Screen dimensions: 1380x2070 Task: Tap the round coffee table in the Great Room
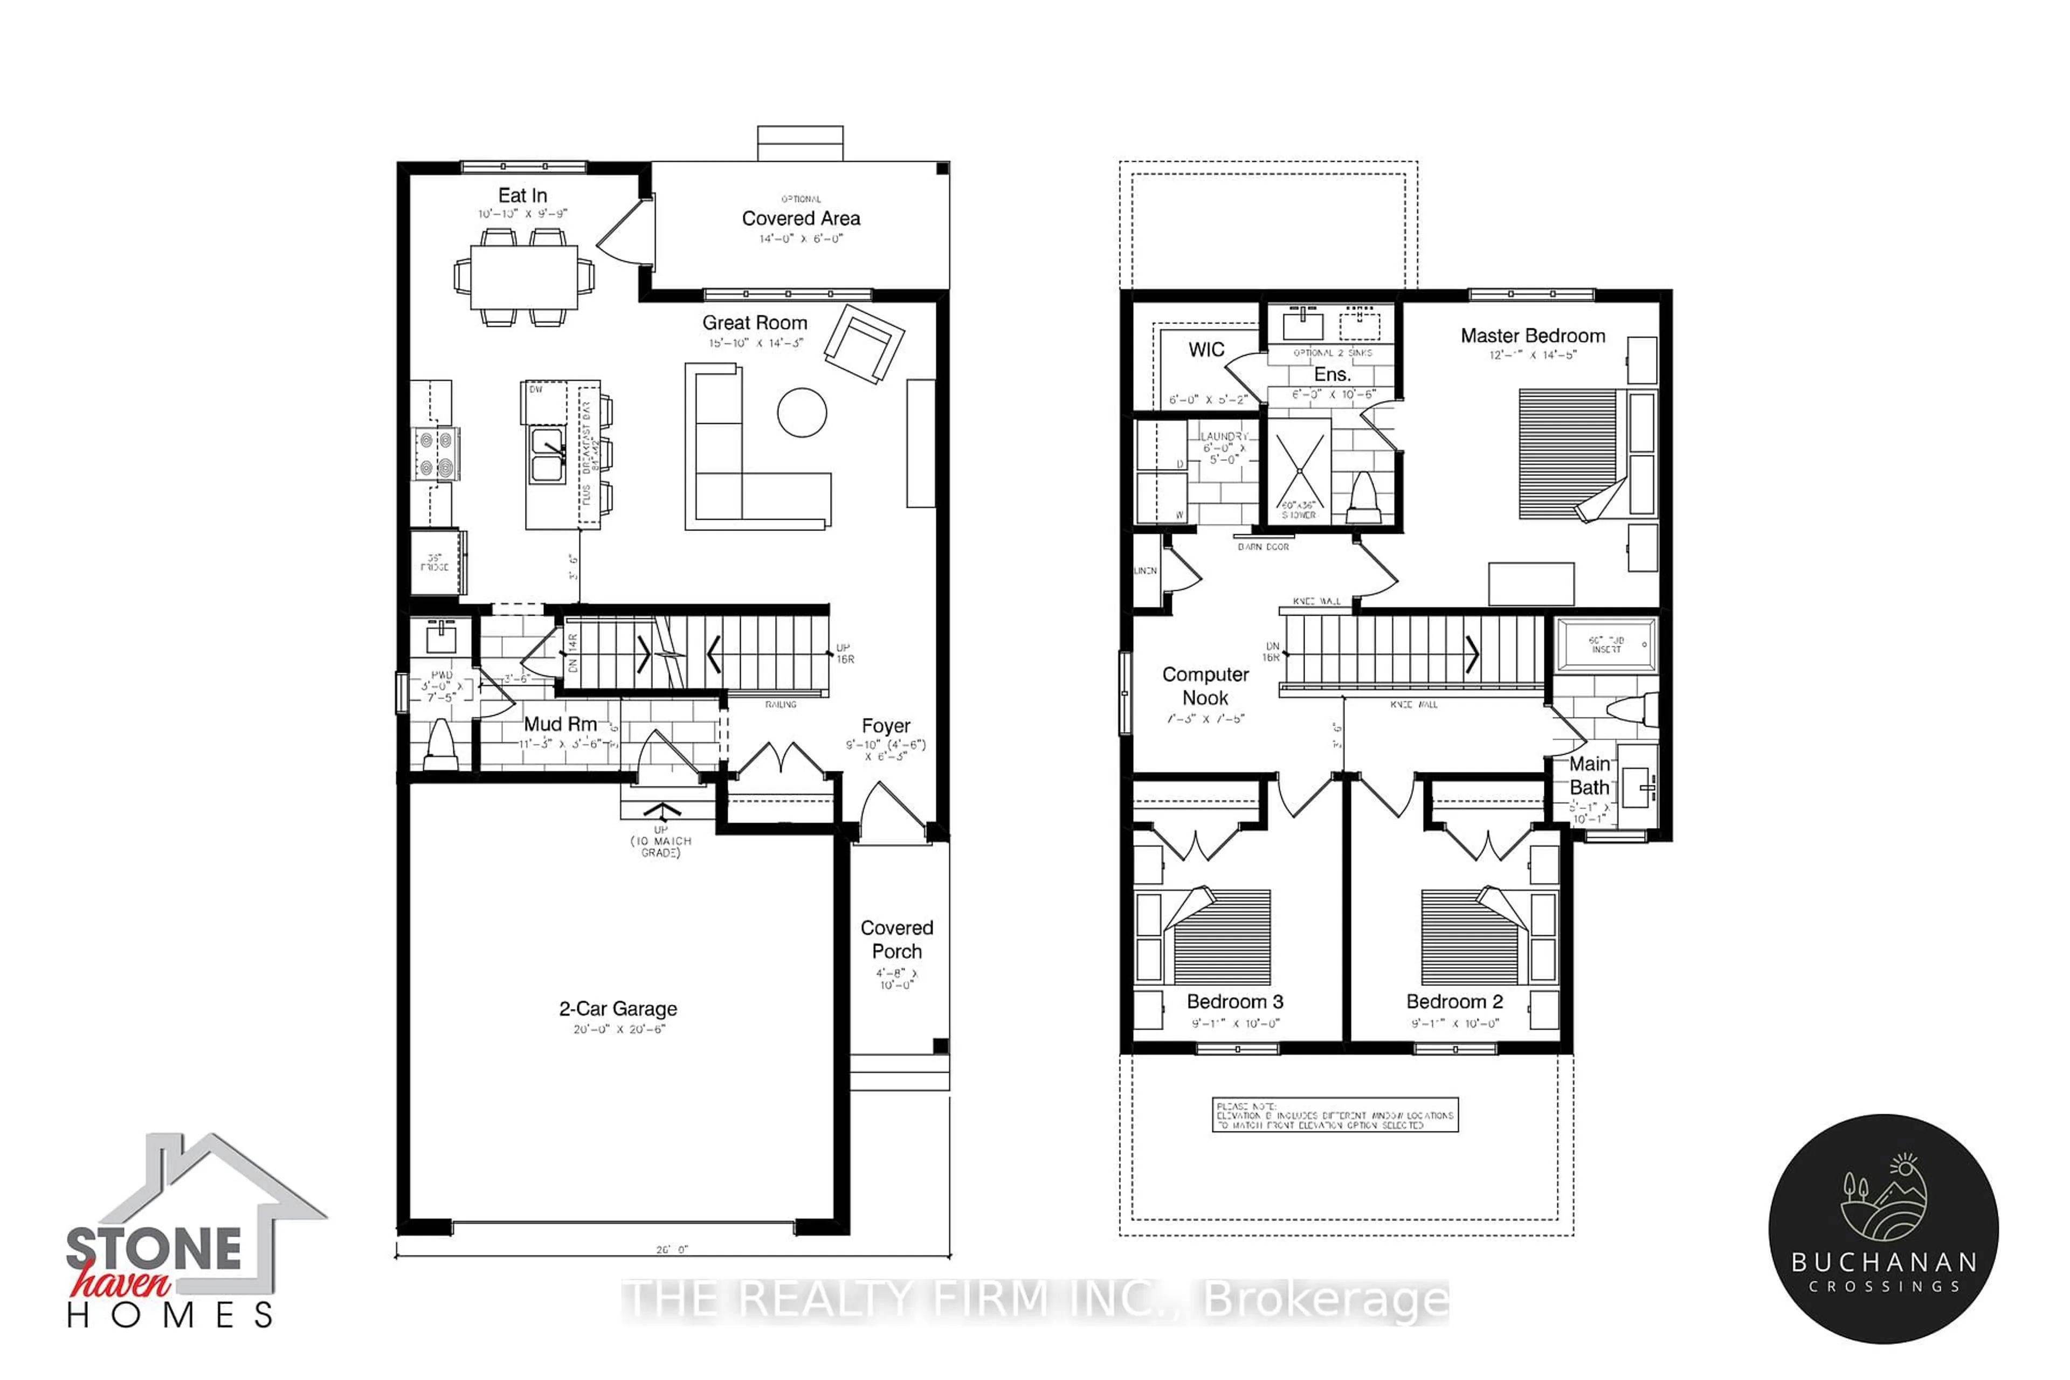click(802, 412)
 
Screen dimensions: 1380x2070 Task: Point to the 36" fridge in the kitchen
click(437, 562)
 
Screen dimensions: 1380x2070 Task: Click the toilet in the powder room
click(439, 744)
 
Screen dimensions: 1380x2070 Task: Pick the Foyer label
click(885, 726)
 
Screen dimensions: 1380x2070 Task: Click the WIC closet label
click(1206, 349)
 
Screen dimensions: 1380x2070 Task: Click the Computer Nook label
click(1205, 686)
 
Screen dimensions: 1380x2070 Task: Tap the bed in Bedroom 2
click(1473, 936)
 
